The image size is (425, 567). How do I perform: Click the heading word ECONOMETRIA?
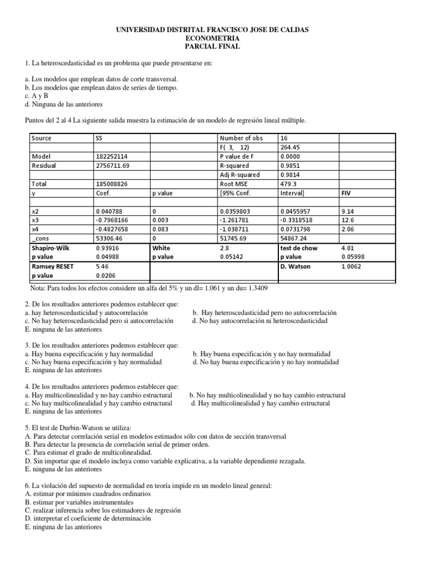pos(212,38)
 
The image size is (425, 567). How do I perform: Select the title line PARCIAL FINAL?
pos(212,47)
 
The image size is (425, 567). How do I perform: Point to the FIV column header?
pos(347,193)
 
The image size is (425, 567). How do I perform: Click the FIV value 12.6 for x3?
pos(348,220)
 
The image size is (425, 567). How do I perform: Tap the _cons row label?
pos(39,239)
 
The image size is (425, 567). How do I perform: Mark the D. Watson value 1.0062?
pos(352,266)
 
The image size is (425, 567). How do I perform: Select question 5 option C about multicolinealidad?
pos(77,452)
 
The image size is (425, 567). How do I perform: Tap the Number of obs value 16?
pos(284,138)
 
